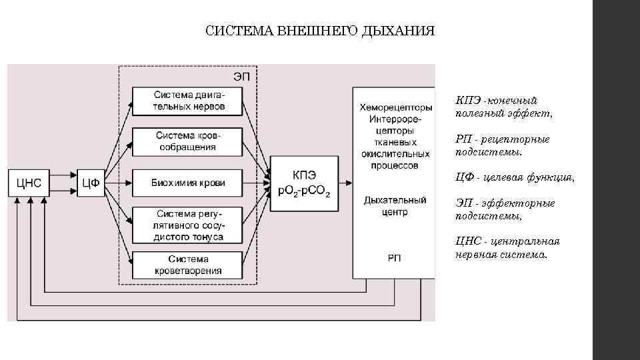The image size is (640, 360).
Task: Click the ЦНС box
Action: (29, 183)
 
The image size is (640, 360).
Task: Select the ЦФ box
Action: (90, 183)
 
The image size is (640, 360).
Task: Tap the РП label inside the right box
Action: (395, 258)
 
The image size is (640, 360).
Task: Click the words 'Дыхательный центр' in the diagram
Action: (395, 205)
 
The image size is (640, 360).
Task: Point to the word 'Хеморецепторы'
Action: (395, 107)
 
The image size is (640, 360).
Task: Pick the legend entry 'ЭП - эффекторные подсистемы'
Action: (505, 209)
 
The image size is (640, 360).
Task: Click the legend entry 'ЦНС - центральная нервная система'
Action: (507, 247)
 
